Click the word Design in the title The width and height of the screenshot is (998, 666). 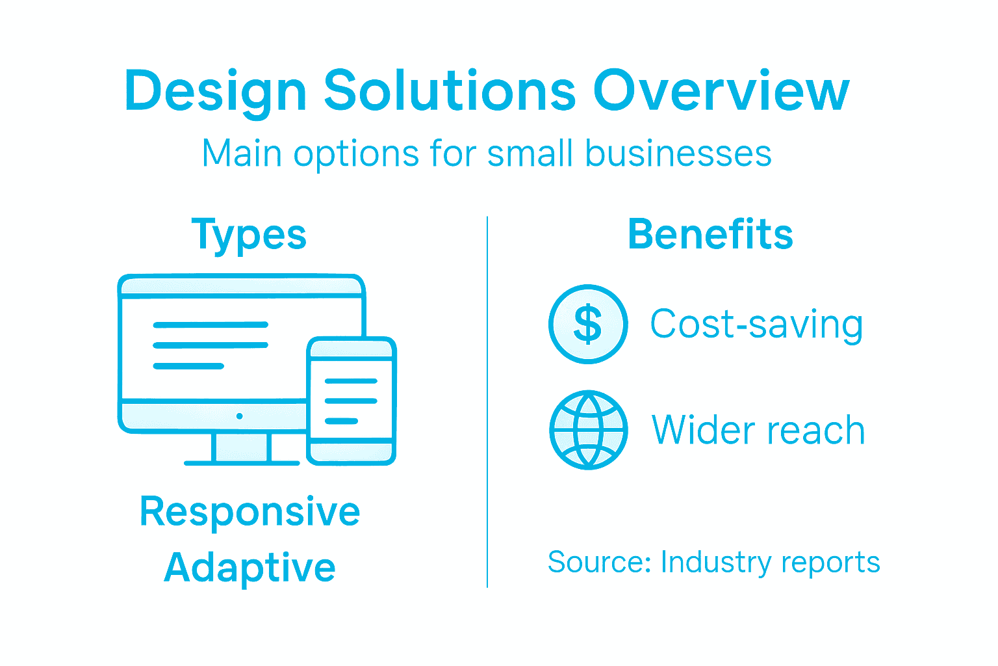tap(215, 91)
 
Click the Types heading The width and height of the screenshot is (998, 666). tap(249, 235)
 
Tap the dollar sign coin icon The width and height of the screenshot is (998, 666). tap(588, 324)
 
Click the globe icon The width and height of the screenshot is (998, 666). tap(588, 430)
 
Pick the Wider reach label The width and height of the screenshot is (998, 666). tap(758, 430)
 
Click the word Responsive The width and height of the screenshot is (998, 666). tap(249, 511)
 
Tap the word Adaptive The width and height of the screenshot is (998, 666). tap(249, 567)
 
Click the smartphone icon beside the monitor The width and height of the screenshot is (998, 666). tap(352, 401)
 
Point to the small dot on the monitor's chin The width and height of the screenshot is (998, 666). tap(240, 416)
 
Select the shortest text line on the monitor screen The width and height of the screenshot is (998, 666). tap(188, 366)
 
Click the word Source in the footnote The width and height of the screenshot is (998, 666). tap(598, 562)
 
